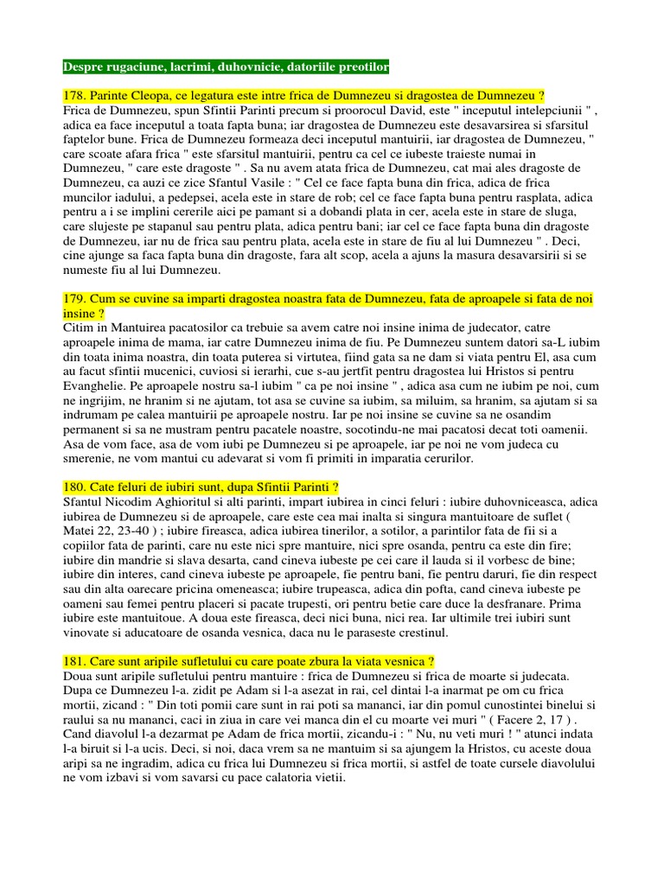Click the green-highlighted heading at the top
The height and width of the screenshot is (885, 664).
click(x=226, y=67)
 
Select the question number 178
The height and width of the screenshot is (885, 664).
click(x=75, y=95)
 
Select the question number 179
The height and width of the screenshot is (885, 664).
click(x=75, y=298)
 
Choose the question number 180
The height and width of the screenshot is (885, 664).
click(x=75, y=488)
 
